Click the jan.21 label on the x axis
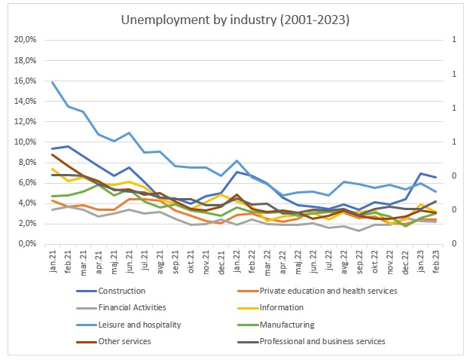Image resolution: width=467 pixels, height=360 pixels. coord(53,262)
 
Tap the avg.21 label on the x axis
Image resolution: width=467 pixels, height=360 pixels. coord(160,262)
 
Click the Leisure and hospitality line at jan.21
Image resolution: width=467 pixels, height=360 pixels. coord(53,81)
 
